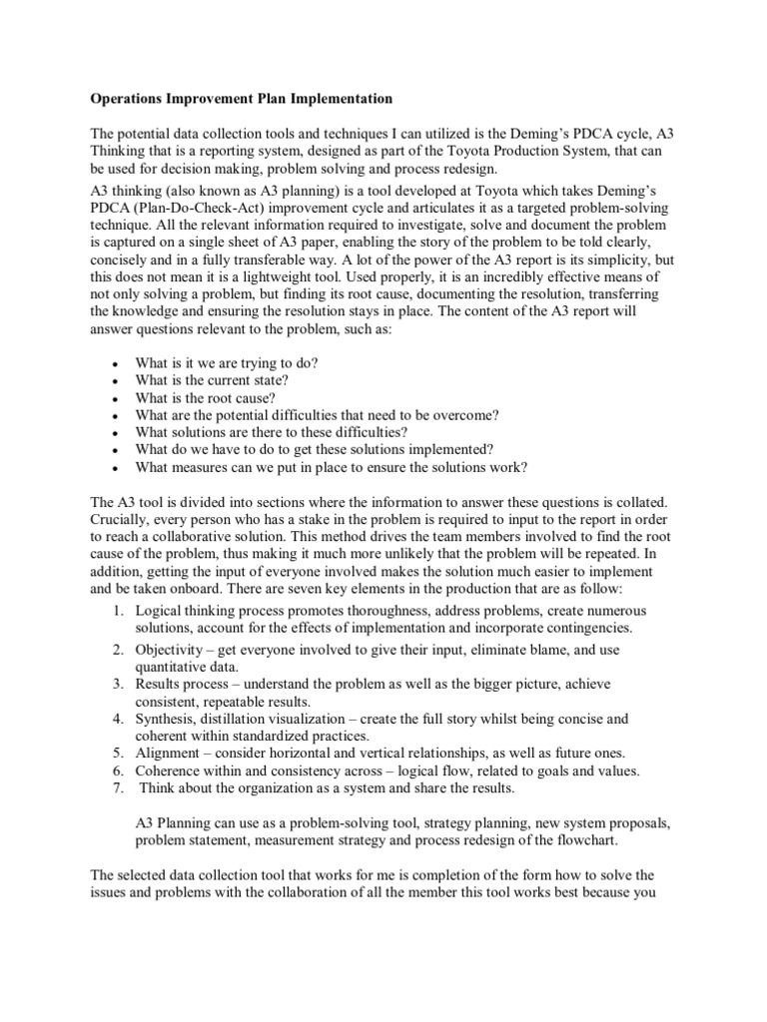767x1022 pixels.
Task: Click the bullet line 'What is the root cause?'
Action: (x=202, y=397)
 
